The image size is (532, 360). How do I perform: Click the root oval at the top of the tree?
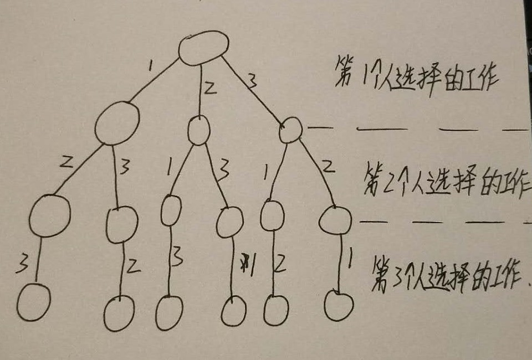pyautogui.click(x=204, y=47)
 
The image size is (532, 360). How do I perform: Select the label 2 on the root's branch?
pyautogui.click(x=209, y=89)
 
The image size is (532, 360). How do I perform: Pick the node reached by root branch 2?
pyautogui.click(x=198, y=131)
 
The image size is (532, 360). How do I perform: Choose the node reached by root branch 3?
pyautogui.click(x=291, y=130)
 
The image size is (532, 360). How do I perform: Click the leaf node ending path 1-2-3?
pyautogui.click(x=33, y=302)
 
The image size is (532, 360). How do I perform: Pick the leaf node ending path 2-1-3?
pyautogui.click(x=169, y=313)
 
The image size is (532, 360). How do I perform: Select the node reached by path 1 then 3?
pyautogui.click(x=121, y=225)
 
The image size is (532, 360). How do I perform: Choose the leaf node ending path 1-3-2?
pyautogui.click(x=119, y=313)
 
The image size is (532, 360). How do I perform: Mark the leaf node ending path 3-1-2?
pyautogui.click(x=275, y=310)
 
